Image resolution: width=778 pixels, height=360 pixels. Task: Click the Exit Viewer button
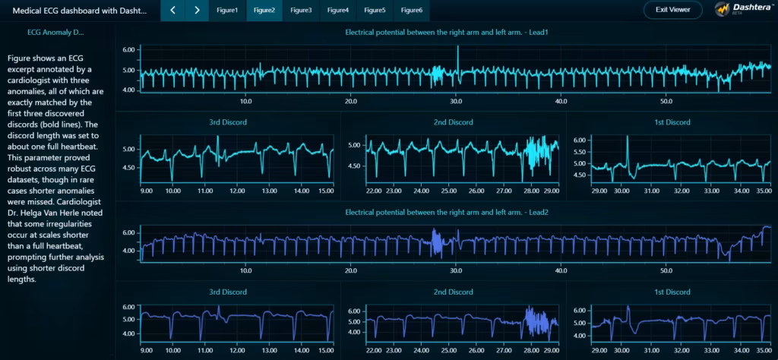(x=672, y=10)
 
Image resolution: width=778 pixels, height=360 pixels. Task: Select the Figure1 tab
(x=227, y=10)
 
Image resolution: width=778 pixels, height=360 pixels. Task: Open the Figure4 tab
(x=338, y=10)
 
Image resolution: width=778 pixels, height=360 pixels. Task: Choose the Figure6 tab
(x=412, y=10)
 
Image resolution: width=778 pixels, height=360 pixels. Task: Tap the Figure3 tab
(x=301, y=10)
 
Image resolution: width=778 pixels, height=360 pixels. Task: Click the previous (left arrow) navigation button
(x=173, y=10)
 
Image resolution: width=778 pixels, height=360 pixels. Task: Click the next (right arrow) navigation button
(x=197, y=10)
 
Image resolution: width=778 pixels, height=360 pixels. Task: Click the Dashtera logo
(x=742, y=10)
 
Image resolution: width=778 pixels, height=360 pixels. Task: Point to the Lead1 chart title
(x=447, y=33)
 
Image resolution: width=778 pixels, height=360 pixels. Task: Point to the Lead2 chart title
(x=447, y=213)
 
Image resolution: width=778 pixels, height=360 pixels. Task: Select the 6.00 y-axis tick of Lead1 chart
(x=128, y=49)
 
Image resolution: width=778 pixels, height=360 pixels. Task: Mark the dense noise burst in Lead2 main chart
(x=437, y=242)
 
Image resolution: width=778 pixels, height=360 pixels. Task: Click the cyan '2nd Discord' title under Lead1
(x=454, y=122)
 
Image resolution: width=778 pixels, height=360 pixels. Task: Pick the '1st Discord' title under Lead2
(x=672, y=292)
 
